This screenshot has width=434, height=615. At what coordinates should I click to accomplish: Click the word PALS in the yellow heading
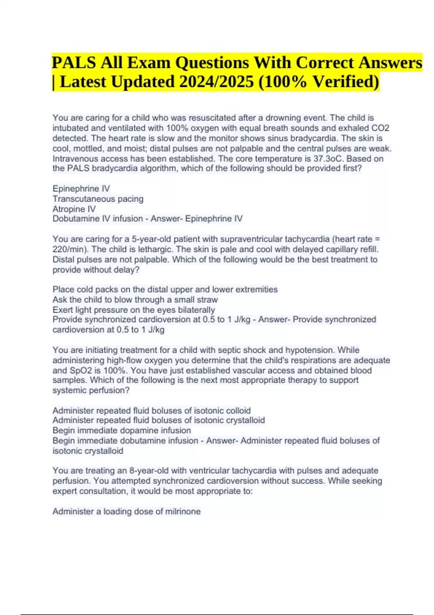pyautogui.click(x=74, y=63)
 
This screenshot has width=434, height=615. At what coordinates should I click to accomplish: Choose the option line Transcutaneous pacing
pyautogui.click(x=98, y=199)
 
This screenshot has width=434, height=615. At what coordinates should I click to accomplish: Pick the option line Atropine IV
pyautogui.click(x=74, y=209)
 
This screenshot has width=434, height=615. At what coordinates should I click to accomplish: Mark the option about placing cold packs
pyautogui.click(x=165, y=289)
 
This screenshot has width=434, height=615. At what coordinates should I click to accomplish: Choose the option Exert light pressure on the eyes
pyautogui.click(x=134, y=310)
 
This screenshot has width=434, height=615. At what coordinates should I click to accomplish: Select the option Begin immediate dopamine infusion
pyautogui.click(x=122, y=430)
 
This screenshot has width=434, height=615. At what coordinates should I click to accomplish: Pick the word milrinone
pyautogui.click(x=183, y=512)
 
